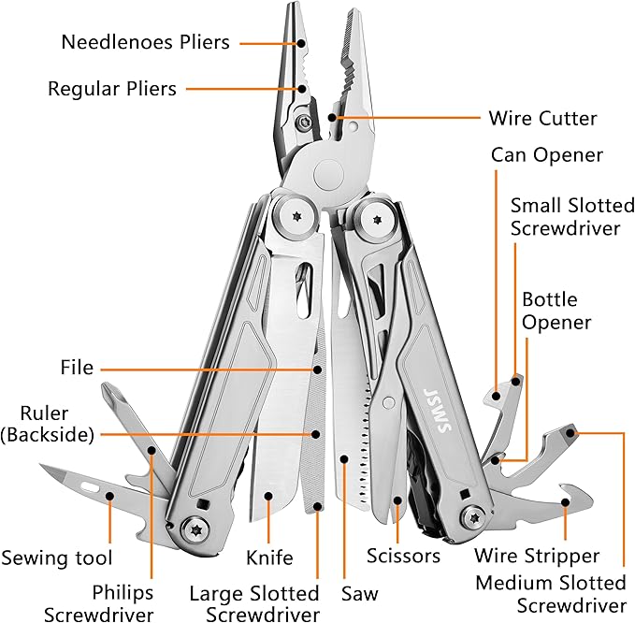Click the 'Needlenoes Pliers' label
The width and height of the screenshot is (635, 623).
(145, 42)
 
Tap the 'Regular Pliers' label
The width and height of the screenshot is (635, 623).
(112, 89)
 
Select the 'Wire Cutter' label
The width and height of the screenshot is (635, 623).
(542, 119)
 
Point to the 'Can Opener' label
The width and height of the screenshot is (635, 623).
(547, 154)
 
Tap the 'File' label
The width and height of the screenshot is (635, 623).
(77, 368)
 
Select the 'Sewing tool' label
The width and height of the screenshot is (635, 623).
(57, 558)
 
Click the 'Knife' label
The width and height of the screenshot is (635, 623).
(269, 558)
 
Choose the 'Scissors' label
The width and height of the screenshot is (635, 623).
(403, 557)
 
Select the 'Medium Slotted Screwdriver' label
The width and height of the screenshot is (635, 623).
(551, 594)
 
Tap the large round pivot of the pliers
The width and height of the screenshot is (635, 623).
(329, 173)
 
